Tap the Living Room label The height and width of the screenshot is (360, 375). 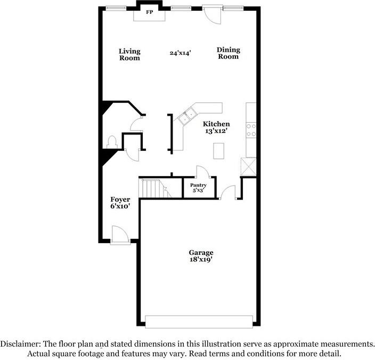point(129,54)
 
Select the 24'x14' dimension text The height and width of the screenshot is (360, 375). point(180,53)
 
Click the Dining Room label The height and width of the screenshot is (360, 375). point(228,53)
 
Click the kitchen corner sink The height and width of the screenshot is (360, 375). point(188,115)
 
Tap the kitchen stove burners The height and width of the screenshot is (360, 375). point(250,130)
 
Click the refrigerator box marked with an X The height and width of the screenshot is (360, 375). point(248,166)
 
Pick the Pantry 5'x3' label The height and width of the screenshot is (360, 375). point(195,188)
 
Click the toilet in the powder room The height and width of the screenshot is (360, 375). point(112,141)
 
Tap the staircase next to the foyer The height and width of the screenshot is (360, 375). point(152,188)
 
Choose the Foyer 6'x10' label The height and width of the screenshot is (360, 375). point(120,203)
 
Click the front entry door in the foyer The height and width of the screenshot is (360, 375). point(120,235)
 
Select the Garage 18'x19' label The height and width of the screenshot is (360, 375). point(201,256)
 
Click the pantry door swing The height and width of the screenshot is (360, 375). point(202,172)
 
